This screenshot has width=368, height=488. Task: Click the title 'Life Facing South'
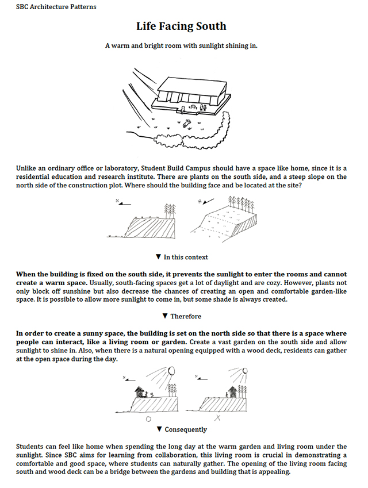click(181, 26)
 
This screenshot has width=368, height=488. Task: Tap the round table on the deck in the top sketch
click(192, 107)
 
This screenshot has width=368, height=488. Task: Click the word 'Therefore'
click(186, 316)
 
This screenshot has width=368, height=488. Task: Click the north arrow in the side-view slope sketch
click(120, 202)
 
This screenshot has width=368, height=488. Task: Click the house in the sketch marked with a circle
click(140, 393)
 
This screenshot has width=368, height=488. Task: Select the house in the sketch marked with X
click(233, 393)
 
